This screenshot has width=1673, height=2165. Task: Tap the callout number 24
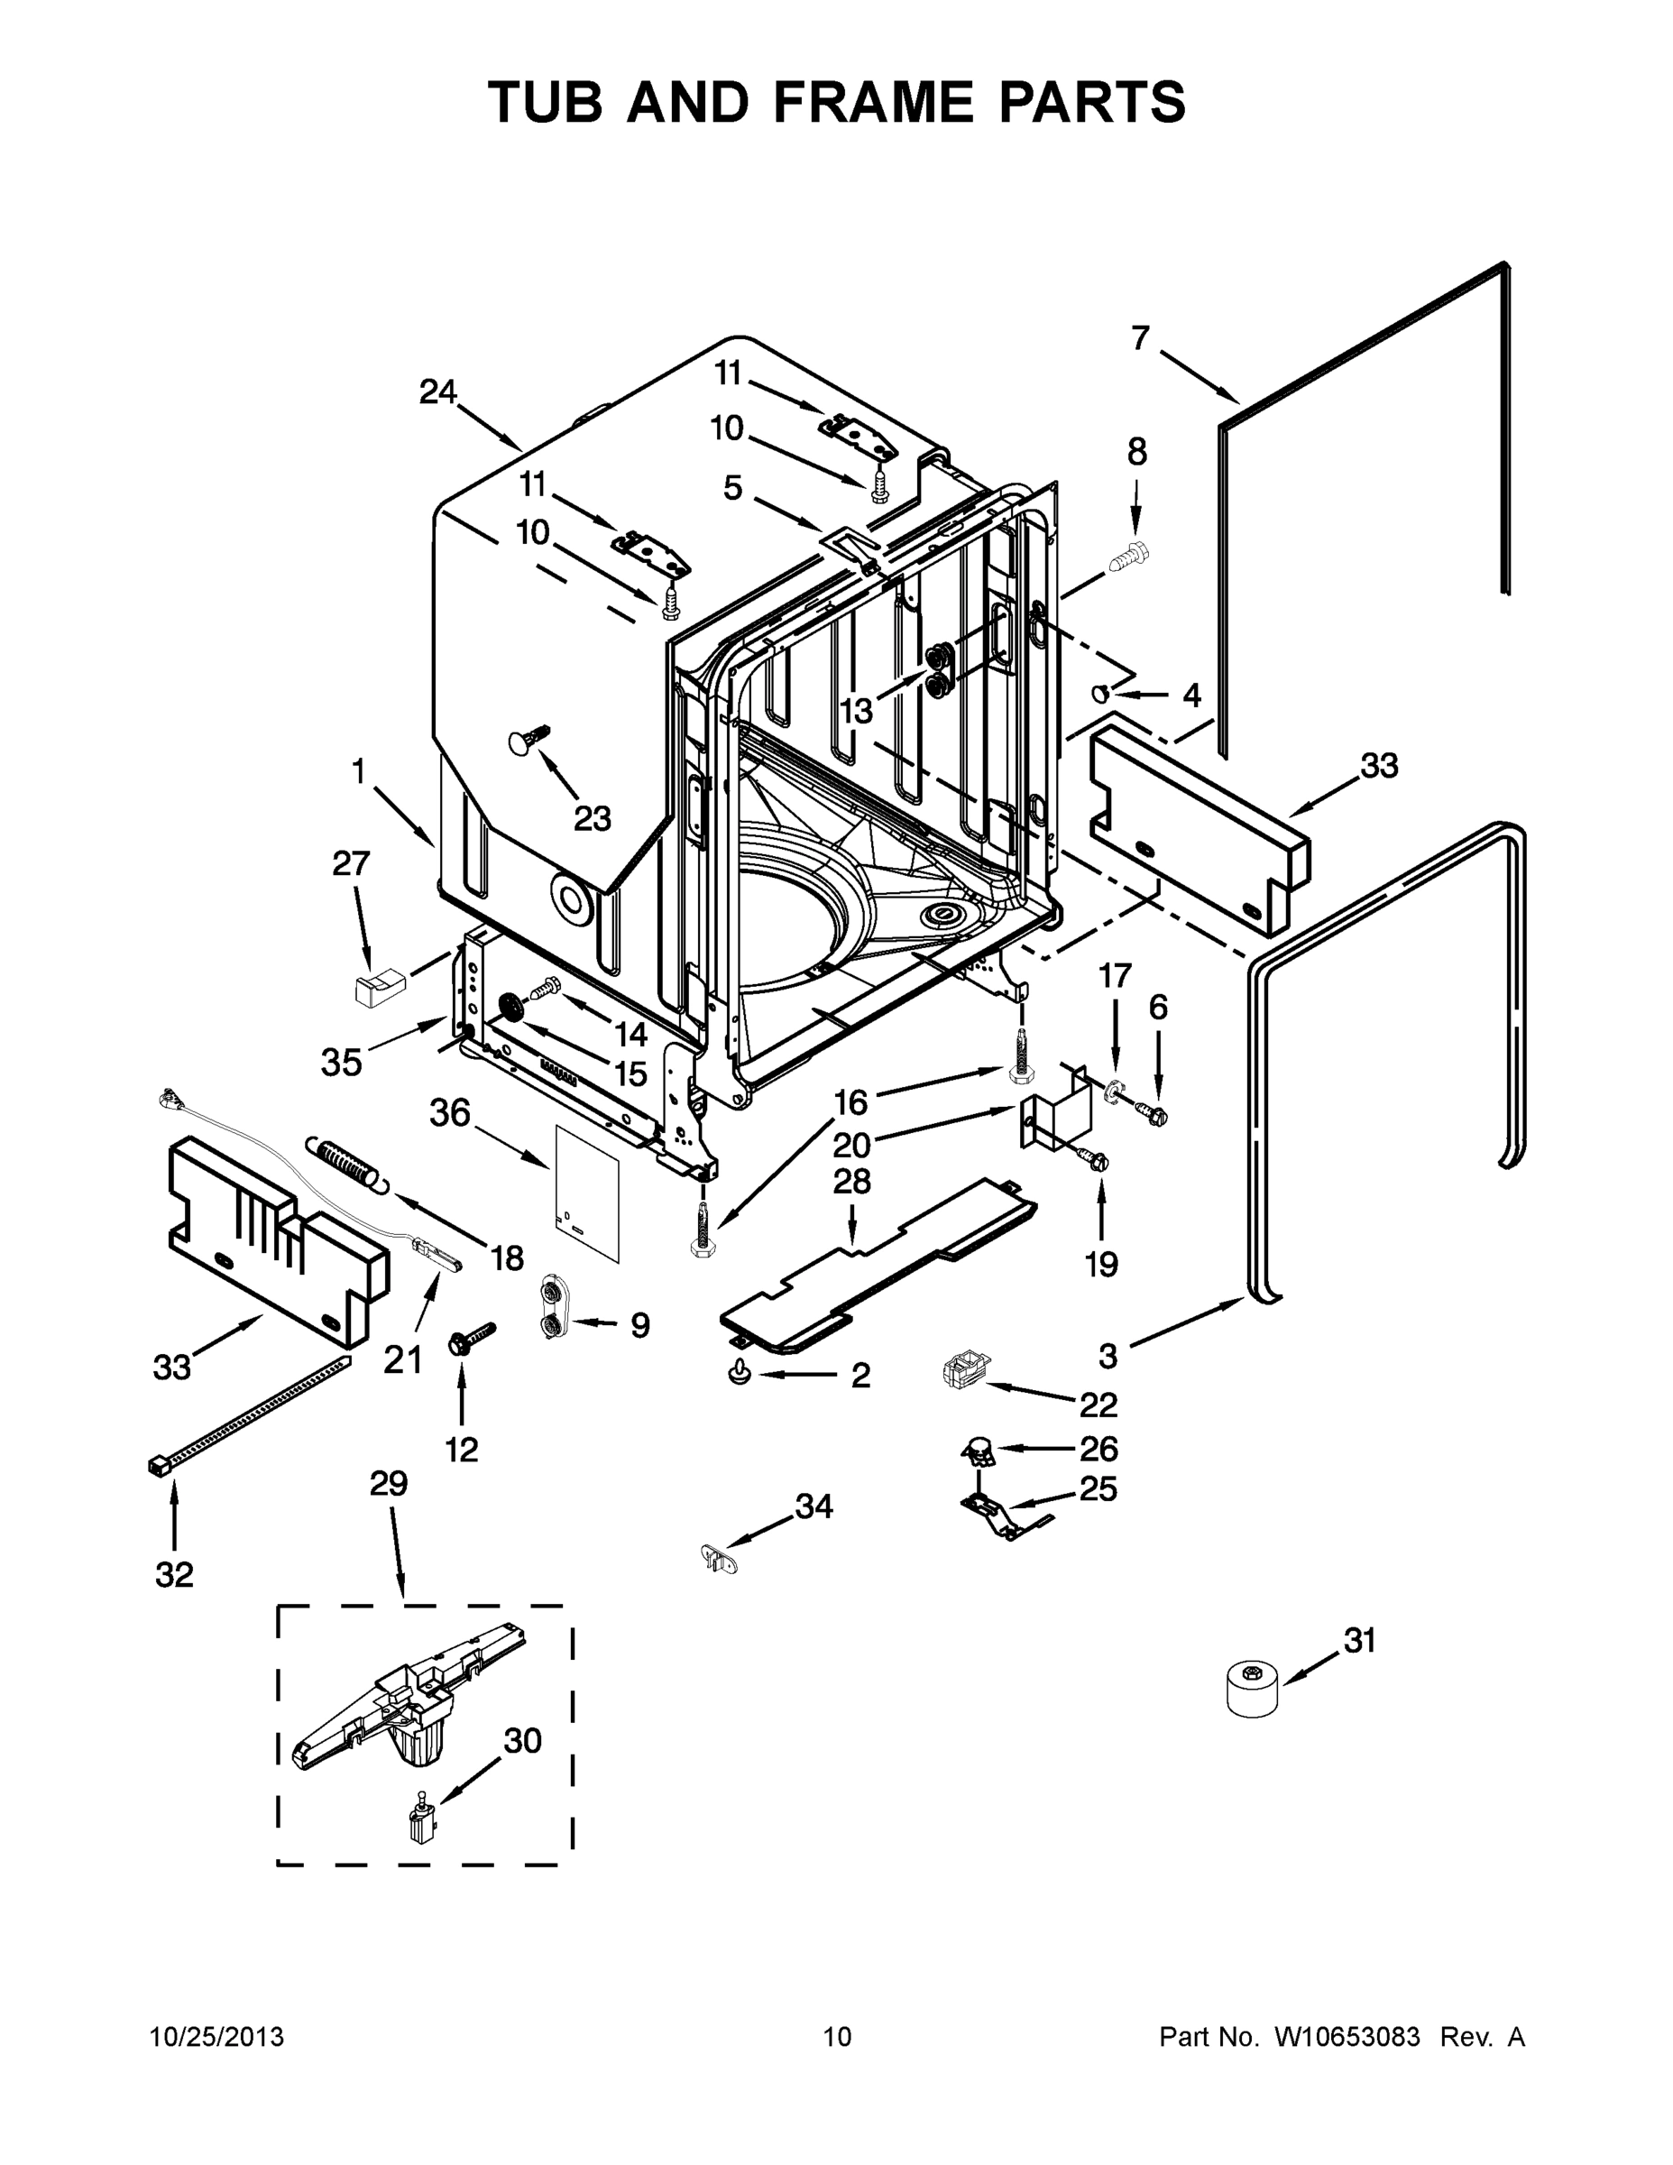coord(437,392)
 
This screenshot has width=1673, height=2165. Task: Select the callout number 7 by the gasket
coord(1140,339)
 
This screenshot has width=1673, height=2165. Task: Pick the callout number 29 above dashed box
coord(389,1484)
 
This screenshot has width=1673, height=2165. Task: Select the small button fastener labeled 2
coord(740,1372)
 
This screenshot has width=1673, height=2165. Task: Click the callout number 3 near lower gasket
coord(1108,1355)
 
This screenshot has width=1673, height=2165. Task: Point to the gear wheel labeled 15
coord(512,1009)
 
